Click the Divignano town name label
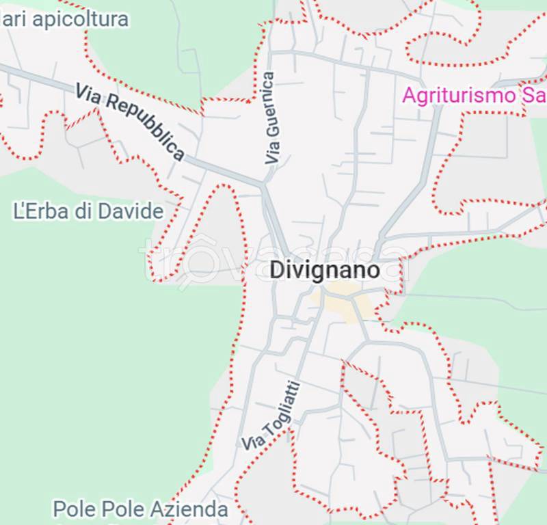point(324,270)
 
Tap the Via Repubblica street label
point(130,122)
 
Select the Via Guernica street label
point(271,118)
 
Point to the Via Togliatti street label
point(271,414)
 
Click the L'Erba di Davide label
point(89,211)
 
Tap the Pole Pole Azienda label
point(140,509)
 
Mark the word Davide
point(131,211)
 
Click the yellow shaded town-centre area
point(342,301)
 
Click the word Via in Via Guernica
point(273,154)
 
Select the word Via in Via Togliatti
point(251,440)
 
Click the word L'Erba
point(42,211)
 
